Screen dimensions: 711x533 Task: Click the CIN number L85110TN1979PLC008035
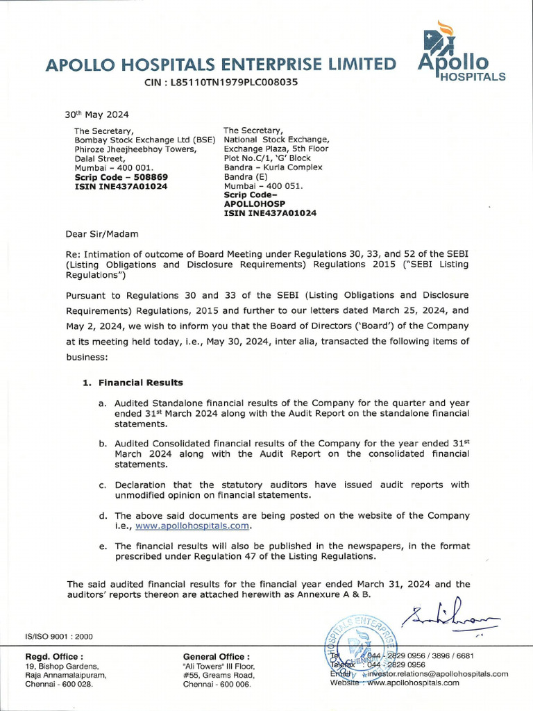(221, 81)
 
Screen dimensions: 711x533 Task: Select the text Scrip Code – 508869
(121, 177)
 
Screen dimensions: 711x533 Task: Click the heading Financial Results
(140, 383)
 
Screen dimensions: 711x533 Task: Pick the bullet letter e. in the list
(103, 546)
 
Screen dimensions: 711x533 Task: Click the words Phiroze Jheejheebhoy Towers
(135, 149)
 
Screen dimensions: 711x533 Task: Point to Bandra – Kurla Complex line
(273, 167)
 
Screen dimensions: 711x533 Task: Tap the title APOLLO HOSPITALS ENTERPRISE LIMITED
(221, 65)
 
